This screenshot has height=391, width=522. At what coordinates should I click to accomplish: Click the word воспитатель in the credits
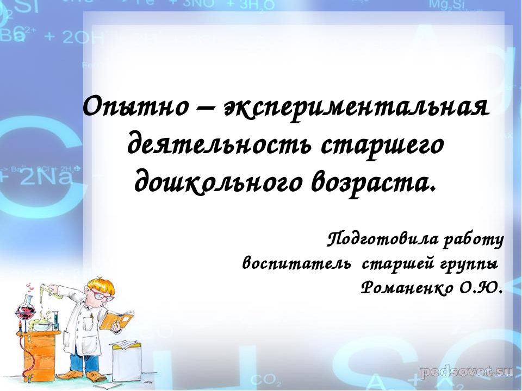(x=296, y=264)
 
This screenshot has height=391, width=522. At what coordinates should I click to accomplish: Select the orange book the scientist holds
(x=116, y=320)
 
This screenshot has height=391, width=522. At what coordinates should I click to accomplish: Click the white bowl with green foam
(x=42, y=325)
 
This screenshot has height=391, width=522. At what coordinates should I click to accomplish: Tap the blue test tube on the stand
(x=55, y=320)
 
